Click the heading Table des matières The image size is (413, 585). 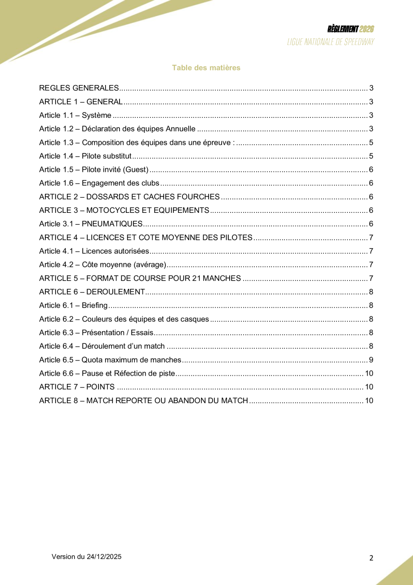pos(206,68)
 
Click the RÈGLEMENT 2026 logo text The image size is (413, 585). pos(351,29)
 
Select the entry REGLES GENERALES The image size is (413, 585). pos(79,88)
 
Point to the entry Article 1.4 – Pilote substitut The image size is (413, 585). pos(85,157)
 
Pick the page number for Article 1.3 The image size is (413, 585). pos(371,143)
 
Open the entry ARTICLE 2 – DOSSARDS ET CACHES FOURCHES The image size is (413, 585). pos(129,197)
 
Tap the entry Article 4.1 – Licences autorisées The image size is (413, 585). pos(94,251)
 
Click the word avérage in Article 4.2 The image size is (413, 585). pos(151,265)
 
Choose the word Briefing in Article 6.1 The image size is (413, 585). pos(95,306)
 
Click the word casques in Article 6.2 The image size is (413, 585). pos(197,319)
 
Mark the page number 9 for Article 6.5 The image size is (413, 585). pos(371,360)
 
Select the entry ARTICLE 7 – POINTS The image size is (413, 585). pos(77,387)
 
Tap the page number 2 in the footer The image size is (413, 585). pos(371,558)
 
